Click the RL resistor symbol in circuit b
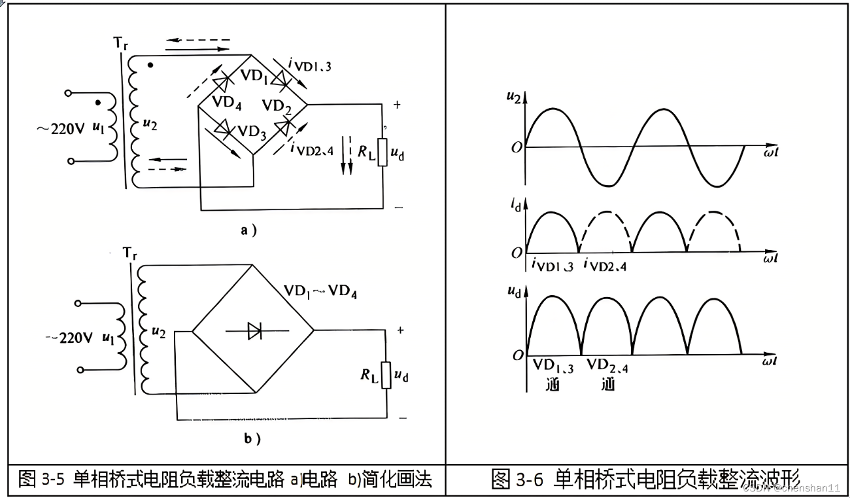point(386,374)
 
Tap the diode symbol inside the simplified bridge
point(254,332)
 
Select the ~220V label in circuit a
point(59,128)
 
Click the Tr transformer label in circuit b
point(129,253)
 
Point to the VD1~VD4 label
point(320,291)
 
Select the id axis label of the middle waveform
point(517,207)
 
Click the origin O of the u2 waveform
point(517,148)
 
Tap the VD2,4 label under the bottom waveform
point(607,366)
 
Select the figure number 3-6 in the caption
point(530,480)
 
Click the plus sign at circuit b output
point(400,331)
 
